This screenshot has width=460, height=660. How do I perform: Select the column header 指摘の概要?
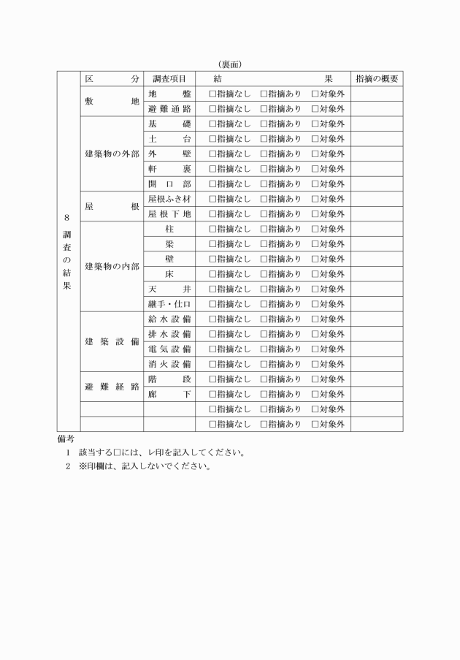(x=376, y=79)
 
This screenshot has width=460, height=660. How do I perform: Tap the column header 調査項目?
(x=169, y=79)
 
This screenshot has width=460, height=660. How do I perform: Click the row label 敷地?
(x=112, y=102)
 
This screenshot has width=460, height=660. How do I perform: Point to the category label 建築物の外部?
(x=112, y=154)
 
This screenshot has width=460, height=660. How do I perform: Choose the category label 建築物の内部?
(x=112, y=267)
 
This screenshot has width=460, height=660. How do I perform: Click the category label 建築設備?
(x=112, y=342)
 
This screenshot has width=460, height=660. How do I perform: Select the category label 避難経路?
(x=112, y=387)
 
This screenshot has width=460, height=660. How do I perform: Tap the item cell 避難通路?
(x=169, y=109)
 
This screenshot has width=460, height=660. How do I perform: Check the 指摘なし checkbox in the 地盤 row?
(x=212, y=94)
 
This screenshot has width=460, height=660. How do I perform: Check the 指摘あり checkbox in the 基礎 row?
(x=264, y=124)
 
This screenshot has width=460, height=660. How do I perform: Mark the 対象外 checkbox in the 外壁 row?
(x=315, y=154)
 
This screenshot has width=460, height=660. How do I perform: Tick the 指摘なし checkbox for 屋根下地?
(x=212, y=214)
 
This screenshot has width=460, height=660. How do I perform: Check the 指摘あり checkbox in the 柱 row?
(x=264, y=230)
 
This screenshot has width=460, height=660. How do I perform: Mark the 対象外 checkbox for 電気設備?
(x=315, y=349)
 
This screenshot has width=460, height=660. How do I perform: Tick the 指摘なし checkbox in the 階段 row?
(x=212, y=379)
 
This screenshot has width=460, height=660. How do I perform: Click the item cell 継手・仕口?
(x=169, y=304)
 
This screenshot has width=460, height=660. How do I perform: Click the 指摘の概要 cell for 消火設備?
(x=376, y=364)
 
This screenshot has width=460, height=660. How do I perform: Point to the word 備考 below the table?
(x=66, y=439)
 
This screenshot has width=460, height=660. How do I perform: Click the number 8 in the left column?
(x=66, y=218)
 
